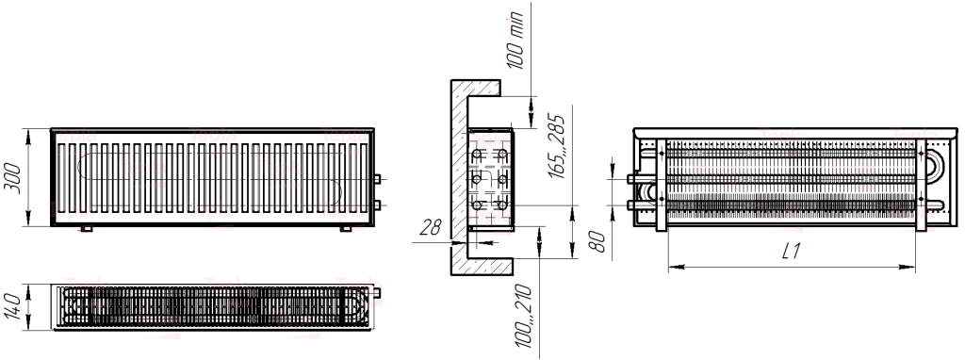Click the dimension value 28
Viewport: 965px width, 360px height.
[430, 227]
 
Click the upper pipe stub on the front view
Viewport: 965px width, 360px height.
[377, 177]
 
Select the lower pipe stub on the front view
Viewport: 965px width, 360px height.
[377, 204]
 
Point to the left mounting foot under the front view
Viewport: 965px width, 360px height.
[86, 228]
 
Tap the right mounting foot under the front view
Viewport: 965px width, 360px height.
[345, 228]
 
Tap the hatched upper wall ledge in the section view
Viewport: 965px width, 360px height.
[475, 88]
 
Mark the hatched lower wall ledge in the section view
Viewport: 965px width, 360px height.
[475, 263]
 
